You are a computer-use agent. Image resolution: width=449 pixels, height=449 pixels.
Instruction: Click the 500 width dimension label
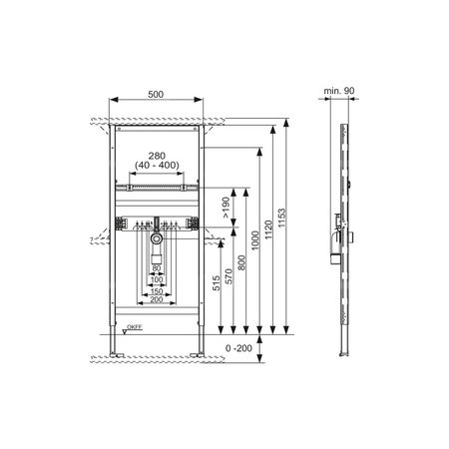pyautogui.click(x=156, y=95)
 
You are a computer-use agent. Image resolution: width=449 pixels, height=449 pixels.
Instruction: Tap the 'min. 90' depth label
pyautogui.click(x=339, y=91)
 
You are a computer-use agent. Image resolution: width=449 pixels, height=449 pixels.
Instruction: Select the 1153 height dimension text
pyautogui.click(x=281, y=218)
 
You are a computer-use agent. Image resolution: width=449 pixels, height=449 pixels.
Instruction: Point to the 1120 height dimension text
pyautogui.click(x=268, y=229)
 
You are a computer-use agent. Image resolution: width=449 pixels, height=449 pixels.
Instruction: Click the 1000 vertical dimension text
pyautogui.click(x=255, y=240)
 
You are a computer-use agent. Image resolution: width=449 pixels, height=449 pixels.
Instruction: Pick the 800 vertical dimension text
pyautogui.click(x=241, y=262)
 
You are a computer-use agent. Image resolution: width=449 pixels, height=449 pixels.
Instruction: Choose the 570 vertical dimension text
pyautogui.click(x=228, y=276)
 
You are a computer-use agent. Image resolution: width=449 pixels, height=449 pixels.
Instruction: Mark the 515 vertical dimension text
pyautogui.click(x=217, y=283)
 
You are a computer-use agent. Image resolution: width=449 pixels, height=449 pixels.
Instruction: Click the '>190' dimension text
pyautogui.click(x=225, y=208)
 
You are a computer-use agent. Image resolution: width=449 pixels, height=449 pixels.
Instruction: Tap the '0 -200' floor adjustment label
pyautogui.click(x=238, y=348)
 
